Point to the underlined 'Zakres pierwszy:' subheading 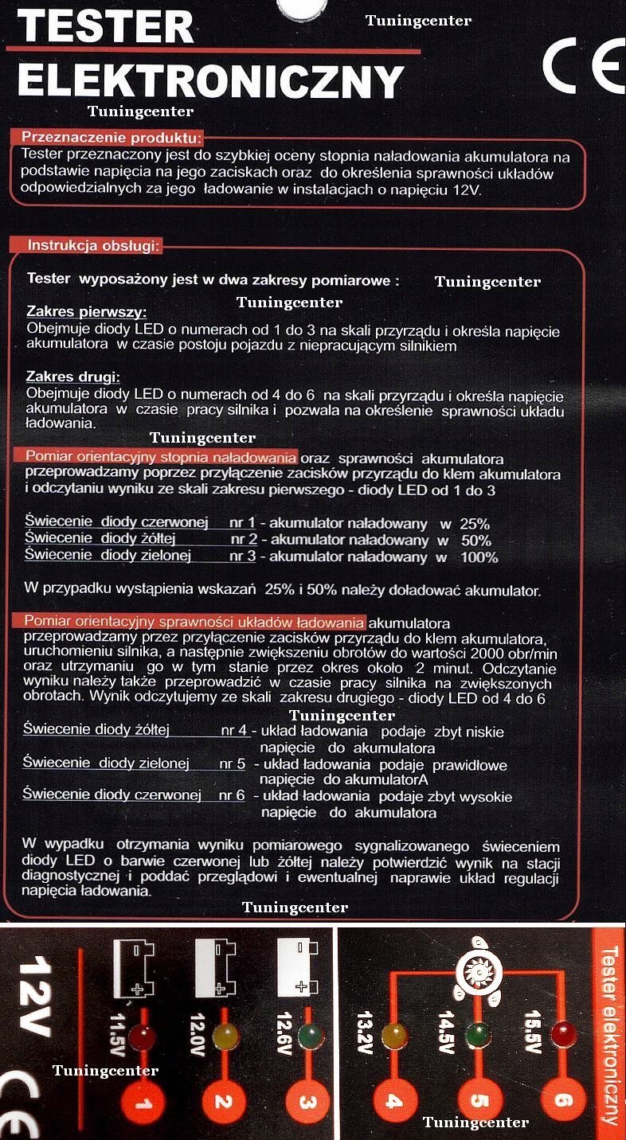[x=86, y=311]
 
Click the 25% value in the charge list [x=473, y=524]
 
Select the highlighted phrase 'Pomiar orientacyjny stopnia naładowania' [x=160, y=457]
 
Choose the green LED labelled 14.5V [x=478, y=1035]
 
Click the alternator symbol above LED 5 [x=476, y=973]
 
